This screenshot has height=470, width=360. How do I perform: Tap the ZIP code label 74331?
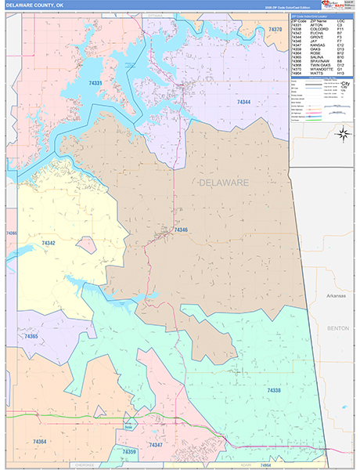click(95, 83)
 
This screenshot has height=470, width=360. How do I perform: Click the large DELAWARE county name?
click(224, 183)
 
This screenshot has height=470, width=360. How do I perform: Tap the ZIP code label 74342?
click(49, 244)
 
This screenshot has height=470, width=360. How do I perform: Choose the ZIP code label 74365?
click(31, 335)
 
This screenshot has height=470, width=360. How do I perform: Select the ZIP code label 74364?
click(40, 443)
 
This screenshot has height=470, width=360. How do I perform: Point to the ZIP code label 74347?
click(156, 445)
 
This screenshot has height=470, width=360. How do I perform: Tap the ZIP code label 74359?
click(129, 452)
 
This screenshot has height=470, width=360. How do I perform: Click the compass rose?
click(342, 133)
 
